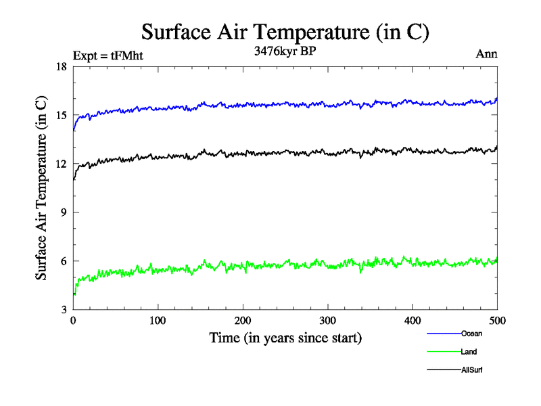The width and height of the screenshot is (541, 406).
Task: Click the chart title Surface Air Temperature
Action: click(285, 32)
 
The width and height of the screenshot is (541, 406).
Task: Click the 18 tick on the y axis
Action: click(61, 66)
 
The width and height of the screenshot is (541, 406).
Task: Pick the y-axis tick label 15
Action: click(61, 115)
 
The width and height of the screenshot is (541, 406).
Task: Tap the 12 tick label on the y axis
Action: click(61, 164)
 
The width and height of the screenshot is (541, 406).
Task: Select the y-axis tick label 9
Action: click(64, 212)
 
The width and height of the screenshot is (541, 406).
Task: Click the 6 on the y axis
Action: click(64, 261)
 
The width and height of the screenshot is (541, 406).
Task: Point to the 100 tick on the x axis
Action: click(158, 320)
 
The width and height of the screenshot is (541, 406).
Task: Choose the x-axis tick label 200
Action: click(243, 320)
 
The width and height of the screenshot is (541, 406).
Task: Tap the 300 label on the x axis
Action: click(327, 320)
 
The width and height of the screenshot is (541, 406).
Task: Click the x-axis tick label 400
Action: click(413, 320)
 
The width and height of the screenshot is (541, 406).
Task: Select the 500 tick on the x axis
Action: click(497, 320)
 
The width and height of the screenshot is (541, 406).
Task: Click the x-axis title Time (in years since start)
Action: click(285, 338)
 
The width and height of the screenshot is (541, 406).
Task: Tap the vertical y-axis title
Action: click(42, 188)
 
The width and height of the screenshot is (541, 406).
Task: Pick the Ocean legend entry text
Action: click(471, 334)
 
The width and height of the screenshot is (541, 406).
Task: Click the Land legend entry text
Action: click(469, 352)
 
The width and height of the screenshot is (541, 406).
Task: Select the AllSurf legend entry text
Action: click(471, 370)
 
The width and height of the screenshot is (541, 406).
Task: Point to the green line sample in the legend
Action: click(444, 352)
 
